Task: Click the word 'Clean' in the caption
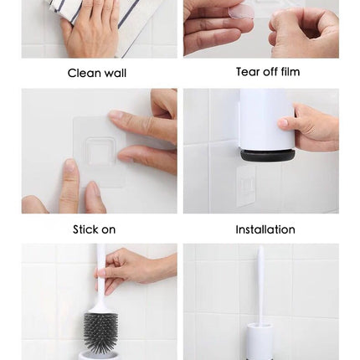coord(85,73)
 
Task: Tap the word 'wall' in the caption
coord(116,73)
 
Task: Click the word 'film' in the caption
coord(291,72)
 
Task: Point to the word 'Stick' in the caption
coord(85,229)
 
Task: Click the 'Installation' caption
coord(265,229)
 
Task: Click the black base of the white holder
coord(268,156)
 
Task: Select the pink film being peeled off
coord(241,13)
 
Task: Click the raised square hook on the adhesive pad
coord(100,151)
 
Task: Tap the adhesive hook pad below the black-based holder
coord(246,186)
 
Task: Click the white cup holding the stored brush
coord(260,341)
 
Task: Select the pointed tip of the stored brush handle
coord(260,247)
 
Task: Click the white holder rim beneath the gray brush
coord(100,354)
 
